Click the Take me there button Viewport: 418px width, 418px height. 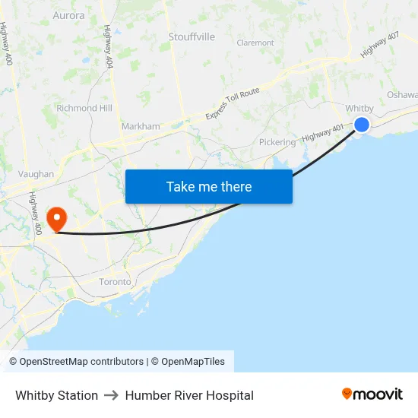coord(209,186)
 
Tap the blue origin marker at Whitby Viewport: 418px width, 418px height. coord(362,125)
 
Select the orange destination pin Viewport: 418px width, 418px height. coord(56,219)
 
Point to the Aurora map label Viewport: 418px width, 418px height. coord(69,15)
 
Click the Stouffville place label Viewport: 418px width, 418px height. coord(191,36)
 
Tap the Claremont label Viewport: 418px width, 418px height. coord(255,43)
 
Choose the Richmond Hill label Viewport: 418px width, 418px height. coord(88,108)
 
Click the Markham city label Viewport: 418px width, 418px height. coord(141,126)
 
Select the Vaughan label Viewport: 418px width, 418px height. coord(36,174)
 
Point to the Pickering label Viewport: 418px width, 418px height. coord(277,142)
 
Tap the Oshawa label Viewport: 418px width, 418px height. coord(402,95)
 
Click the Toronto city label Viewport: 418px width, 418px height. coord(115,281)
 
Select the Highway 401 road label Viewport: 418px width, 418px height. coord(322,133)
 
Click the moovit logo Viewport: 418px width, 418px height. coord(372,394)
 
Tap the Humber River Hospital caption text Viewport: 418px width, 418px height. coord(189,395)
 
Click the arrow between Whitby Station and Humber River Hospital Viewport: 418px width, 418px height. coord(111,395)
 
